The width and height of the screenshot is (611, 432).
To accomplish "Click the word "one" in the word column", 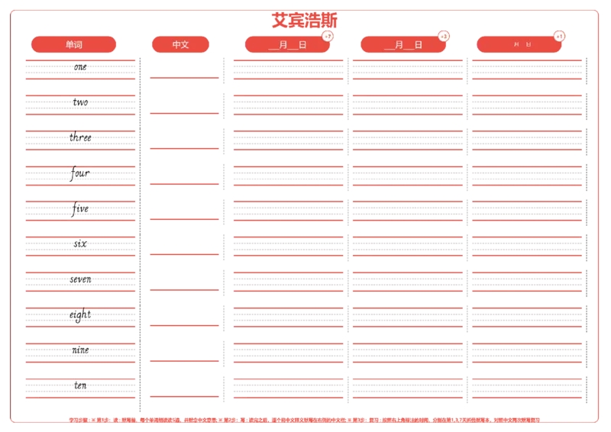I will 80,67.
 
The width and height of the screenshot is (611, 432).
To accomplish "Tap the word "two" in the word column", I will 80,102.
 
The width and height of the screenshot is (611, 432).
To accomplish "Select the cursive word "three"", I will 79,138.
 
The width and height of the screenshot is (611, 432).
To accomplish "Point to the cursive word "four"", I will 79,174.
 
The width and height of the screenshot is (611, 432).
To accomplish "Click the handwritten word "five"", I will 79,208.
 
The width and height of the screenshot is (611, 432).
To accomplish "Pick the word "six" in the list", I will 80,243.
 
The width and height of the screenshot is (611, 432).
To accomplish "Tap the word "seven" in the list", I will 80,279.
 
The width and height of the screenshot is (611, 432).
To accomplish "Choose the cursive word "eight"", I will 79,314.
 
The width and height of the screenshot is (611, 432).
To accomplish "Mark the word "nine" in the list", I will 80,350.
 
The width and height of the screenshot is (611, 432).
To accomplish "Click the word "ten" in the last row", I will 80,385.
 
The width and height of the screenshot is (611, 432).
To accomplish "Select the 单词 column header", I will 74,44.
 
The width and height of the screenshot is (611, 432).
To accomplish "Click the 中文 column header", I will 181,44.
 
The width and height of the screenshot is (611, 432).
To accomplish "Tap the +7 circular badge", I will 328,36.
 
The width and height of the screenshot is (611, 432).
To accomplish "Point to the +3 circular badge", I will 444,36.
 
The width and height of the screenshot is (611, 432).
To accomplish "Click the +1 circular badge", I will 560,36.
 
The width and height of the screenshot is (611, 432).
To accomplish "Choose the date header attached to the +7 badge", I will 287,45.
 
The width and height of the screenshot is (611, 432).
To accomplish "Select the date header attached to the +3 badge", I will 403,45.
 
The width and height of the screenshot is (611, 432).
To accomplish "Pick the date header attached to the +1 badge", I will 519,45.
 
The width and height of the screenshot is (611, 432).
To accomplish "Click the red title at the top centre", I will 304,20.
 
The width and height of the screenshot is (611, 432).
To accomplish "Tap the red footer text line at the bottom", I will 304,419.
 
